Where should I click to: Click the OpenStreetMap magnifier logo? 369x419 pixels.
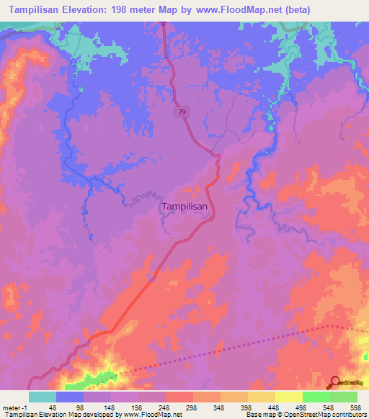coord(336,382)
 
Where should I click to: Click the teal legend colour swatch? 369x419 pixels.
coord(43,397)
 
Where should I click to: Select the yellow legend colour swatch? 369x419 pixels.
coord(289,397)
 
